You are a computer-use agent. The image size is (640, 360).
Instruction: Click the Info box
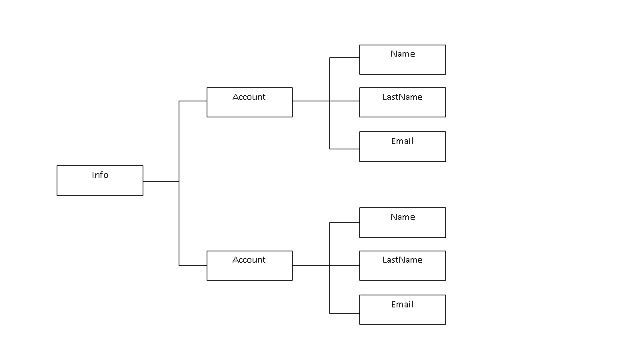point(100,181)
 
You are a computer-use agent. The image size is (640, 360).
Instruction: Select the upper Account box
point(249,102)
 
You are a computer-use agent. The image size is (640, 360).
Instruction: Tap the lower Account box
point(249,265)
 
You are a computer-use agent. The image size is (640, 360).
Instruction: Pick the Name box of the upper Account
point(402,59)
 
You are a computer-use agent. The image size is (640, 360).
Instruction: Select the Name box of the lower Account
point(402,223)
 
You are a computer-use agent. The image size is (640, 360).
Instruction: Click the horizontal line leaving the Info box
point(161,181)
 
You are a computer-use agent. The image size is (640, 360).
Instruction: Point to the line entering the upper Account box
point(193,101)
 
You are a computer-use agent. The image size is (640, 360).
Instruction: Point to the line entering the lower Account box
point(193,265)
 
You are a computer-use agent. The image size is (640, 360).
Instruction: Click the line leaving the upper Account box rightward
point(311,101)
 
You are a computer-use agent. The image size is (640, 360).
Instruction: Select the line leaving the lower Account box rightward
point(311,265)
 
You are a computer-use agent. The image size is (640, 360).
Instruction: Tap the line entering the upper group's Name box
point(345,58)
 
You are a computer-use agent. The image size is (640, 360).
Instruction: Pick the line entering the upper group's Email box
point(345,149)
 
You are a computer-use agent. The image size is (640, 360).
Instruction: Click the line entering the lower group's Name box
point(345,223)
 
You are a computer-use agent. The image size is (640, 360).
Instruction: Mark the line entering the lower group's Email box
point(345,313)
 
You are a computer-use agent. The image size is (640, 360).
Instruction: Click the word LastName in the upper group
point(402,97)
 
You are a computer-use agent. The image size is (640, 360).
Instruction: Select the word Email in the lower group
point(402,305)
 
